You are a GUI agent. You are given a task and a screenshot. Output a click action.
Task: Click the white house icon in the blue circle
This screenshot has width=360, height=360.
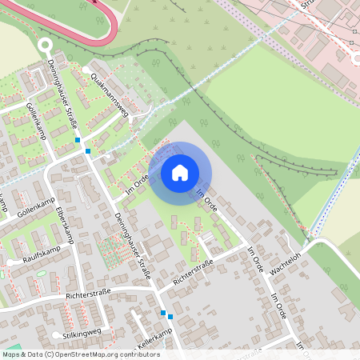(180, 172)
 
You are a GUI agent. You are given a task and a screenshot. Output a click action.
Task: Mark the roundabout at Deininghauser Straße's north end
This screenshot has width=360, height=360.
(45, 46)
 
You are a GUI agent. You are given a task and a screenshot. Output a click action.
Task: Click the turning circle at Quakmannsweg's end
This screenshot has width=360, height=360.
(86, 70)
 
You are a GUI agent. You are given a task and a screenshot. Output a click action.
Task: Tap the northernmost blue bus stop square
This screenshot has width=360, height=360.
(78, 140)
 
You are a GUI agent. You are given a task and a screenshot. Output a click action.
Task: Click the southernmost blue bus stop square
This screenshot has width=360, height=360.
(170, 317)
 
